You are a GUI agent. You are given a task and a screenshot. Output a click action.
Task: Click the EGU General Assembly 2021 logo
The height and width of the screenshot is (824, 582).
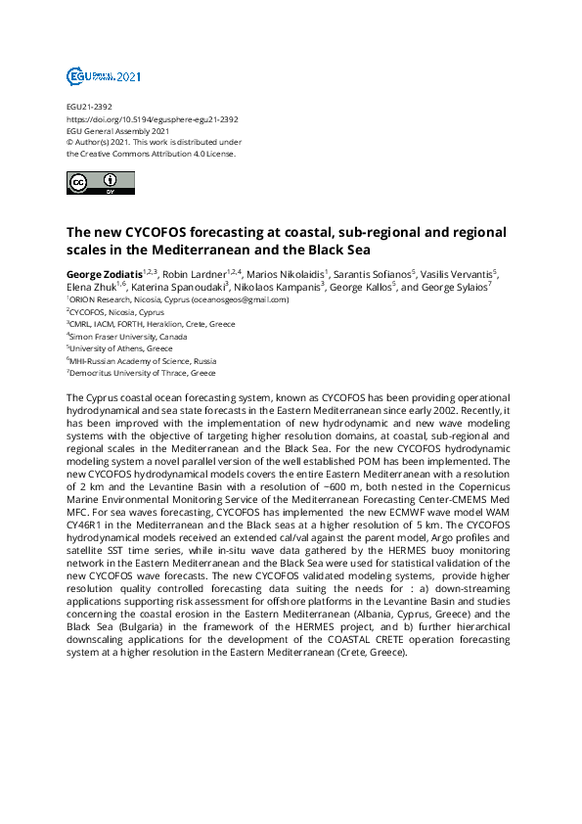click(x=104, y=75)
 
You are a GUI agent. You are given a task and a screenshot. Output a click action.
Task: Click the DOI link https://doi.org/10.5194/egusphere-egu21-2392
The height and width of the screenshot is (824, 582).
click(x=152, y=119)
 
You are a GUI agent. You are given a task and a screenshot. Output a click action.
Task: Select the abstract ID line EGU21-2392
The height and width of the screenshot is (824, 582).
click(x=87, y=108)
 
